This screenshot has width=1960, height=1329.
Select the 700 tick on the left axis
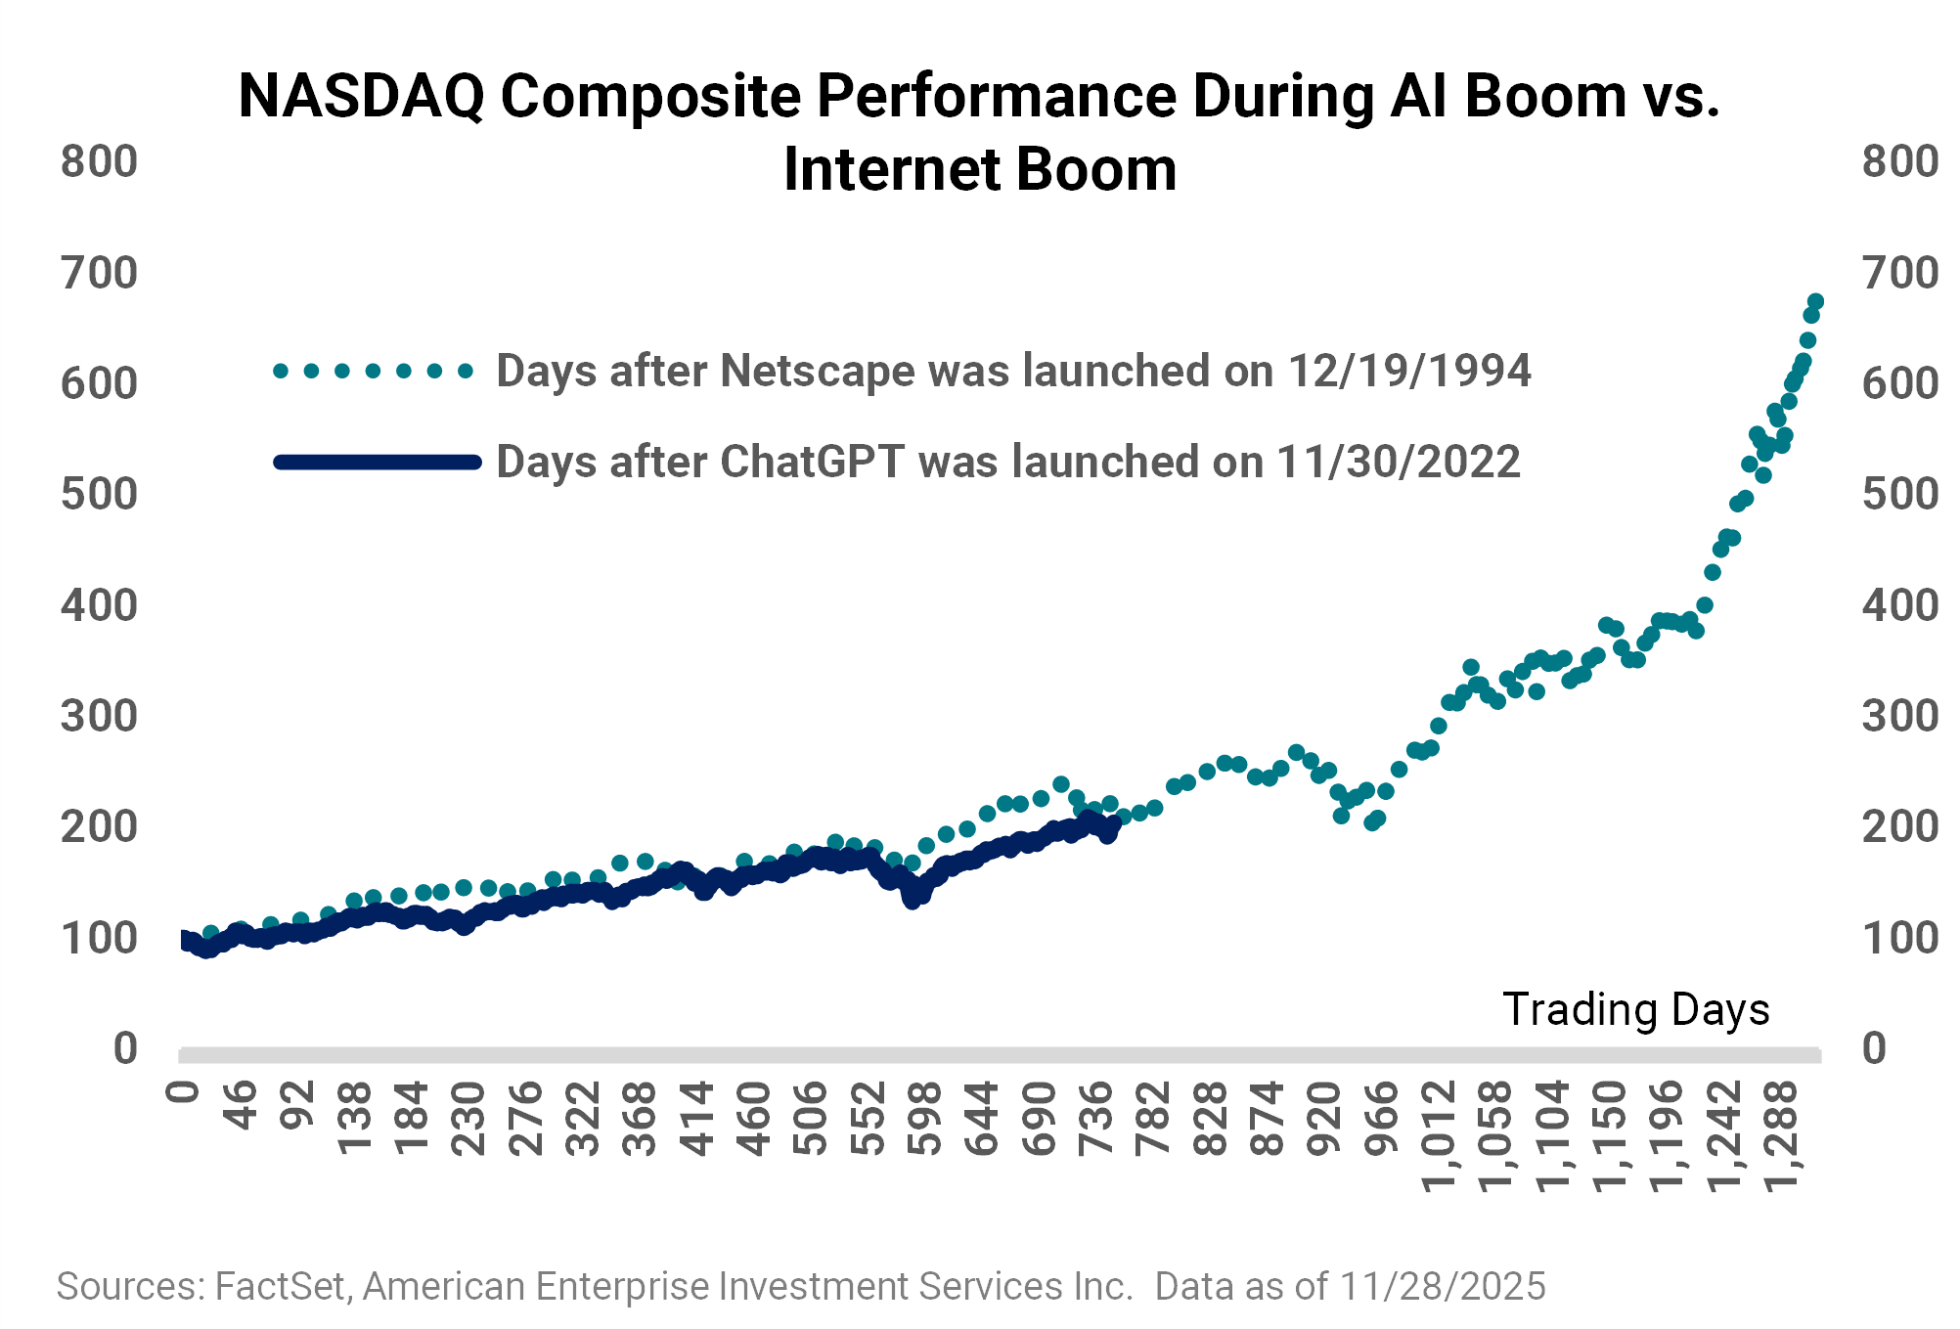99,273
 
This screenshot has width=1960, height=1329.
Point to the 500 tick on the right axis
1899,495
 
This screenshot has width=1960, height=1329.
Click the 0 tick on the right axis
1874,1048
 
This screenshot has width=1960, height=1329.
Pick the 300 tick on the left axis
99,717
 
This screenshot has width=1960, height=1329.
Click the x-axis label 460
754,1119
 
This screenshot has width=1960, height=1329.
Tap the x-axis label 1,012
1439,1136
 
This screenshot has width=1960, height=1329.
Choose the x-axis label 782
1154,1119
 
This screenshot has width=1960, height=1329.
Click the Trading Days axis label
1635,1009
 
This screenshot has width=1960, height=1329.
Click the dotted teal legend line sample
374,372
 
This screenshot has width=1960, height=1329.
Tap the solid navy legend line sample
378,463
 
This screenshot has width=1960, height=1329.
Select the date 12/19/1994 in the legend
1408,372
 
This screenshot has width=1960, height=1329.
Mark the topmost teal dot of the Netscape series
1815,302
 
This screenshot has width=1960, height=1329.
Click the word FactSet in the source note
280,1287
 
